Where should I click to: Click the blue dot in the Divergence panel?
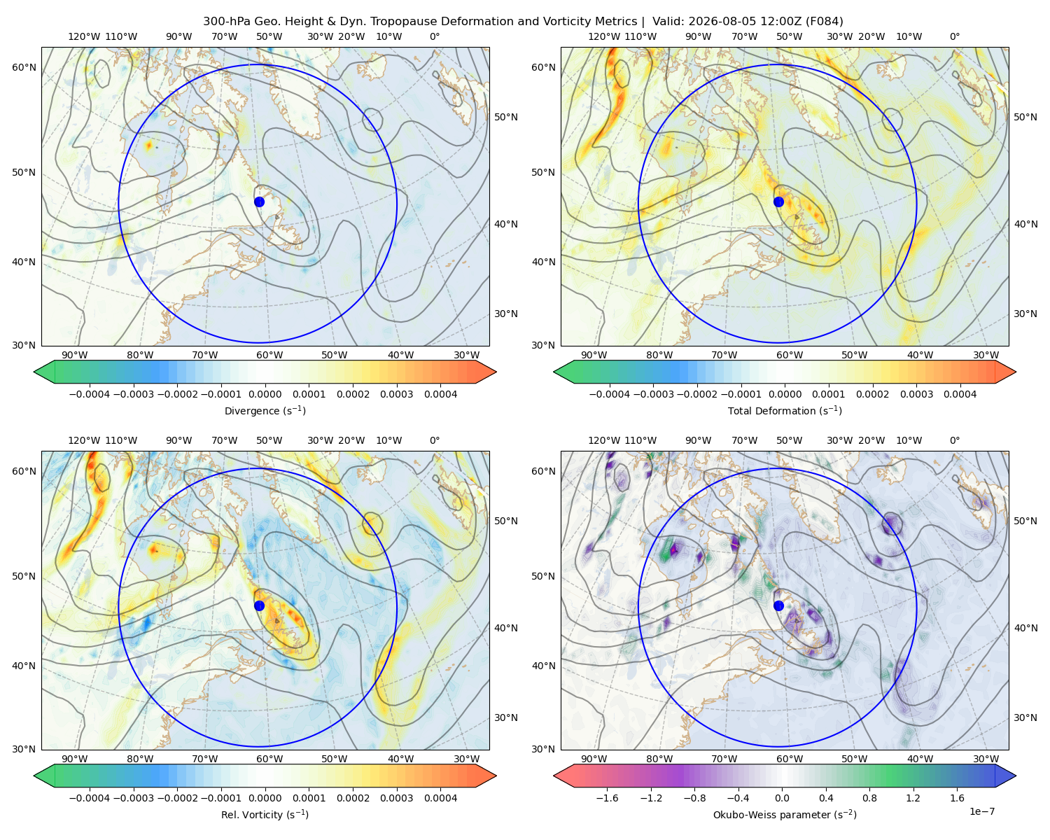click(259, 202)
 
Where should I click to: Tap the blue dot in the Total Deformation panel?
click(778, 202)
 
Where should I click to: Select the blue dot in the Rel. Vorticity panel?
click(259, 605)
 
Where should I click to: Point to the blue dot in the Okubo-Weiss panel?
click(778, 605)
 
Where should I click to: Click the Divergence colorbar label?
click(265, 410)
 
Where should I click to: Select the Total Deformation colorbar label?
click(785, 410)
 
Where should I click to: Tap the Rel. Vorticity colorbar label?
click(265, 814)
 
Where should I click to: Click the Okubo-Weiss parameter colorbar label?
click(785, 814)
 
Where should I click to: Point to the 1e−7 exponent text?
click(981, 811)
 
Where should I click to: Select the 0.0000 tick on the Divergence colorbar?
click(265, 394)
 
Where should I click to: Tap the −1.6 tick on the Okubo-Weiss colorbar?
click(607, 797)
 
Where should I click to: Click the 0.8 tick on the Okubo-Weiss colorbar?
click(869, 797)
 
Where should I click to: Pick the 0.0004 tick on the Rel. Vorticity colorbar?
click(440, 797)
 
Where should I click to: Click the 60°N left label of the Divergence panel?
click(24, 67)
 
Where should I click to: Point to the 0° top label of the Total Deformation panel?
click(954, 36)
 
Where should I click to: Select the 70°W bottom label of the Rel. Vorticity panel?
click(204, 759)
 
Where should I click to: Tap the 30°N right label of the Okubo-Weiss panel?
click(1025, 717)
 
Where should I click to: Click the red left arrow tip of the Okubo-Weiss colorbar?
click(554, 776)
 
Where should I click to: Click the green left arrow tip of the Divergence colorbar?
click(34, 372)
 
